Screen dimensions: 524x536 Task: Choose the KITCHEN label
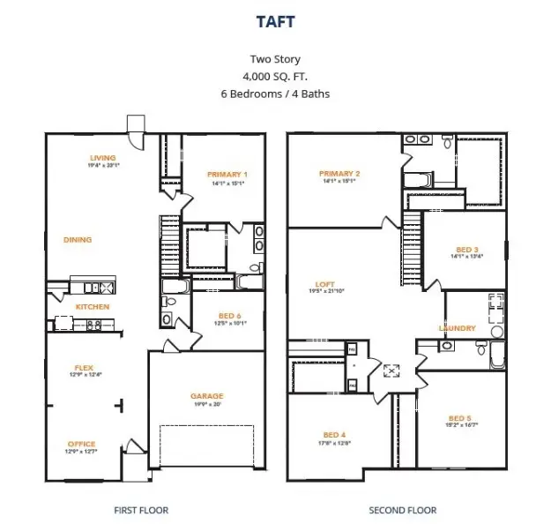point(92,306)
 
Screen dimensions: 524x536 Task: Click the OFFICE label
point(81,444)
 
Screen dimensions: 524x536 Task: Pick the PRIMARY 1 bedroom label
point(227,174)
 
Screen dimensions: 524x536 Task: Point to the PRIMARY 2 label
point(339,173)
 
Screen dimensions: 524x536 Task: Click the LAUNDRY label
point(458,328)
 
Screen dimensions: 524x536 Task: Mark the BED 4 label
point(334,435)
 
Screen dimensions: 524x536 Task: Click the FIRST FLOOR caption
point(141,510)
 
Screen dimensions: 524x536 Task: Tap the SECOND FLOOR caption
point(402,510)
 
